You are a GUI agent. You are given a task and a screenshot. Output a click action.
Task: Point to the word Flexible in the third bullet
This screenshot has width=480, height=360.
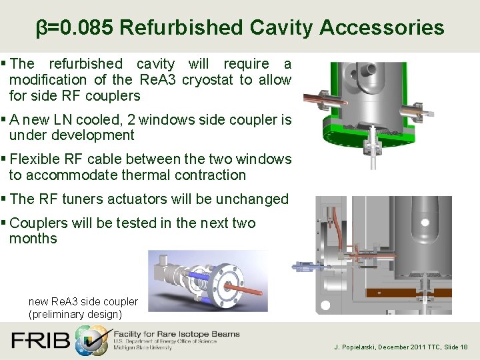37,159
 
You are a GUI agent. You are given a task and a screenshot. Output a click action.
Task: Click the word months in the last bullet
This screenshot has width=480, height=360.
33,239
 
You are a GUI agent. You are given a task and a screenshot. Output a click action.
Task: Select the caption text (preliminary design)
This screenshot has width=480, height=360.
75,314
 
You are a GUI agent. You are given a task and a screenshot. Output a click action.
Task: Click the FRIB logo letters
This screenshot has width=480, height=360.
40,341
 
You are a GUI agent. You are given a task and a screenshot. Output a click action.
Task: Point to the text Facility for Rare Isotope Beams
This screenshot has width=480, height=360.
177,334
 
